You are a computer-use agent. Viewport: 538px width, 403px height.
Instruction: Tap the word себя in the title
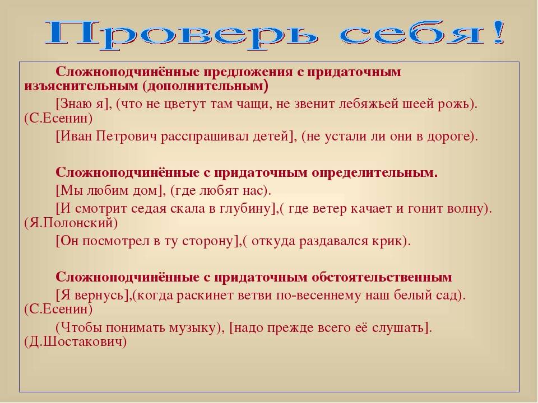pos(412,34)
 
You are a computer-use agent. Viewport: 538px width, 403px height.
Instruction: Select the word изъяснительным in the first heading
pos(81,86)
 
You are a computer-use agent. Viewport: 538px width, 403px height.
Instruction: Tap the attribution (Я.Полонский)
pos(71,223)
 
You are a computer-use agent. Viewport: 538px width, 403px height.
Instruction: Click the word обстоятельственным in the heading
pos(382,277)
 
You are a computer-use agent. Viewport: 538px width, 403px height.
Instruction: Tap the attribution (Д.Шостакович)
pos(76,341)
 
